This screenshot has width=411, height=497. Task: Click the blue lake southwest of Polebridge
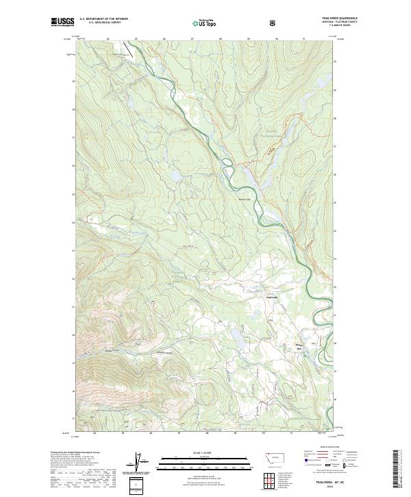[x=232, y=336]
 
